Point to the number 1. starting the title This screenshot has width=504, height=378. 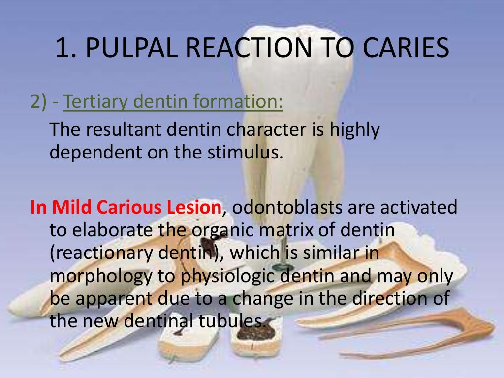coord(66,49)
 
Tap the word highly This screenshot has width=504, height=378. coord(354,130)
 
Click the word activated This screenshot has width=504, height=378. coord(417,207)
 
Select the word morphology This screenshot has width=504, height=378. coord(101,276)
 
